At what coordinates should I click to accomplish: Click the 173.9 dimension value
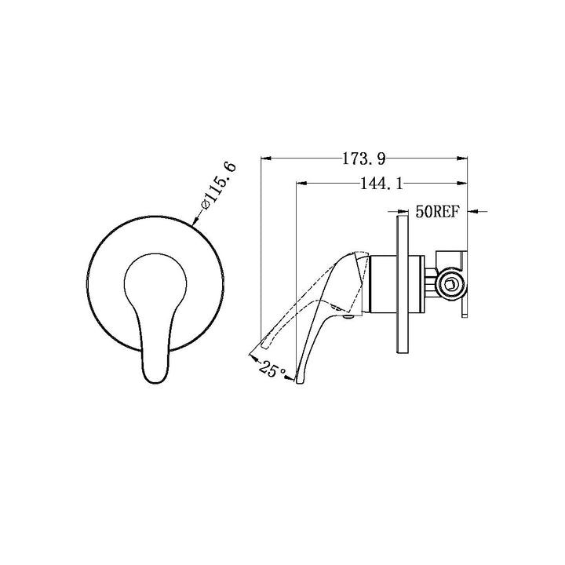[363, 159]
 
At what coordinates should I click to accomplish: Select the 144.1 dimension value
[382, 184]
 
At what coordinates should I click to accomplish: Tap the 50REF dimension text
[438, 212]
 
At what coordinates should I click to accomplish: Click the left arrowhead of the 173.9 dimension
[266, 159]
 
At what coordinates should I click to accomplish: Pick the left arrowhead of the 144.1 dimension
[301, 184]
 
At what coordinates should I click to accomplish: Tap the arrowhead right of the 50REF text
[473, 212]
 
